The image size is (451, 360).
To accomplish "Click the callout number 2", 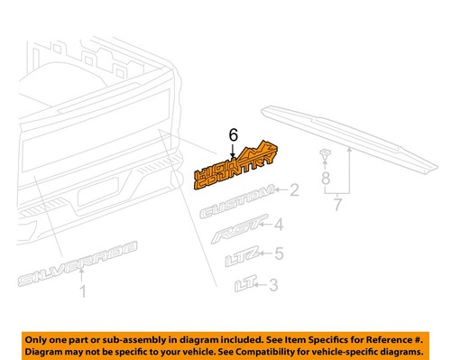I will pyautogui.click(x=294, y=190).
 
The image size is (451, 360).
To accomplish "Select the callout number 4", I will pyautogui.click(x=279, y=225).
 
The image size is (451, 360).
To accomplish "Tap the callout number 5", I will pyautogui.click(x=279, y=254).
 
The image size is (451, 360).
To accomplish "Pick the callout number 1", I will pyautogui.click(x=83, y=291).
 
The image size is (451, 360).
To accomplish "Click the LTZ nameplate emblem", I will pyautogui.click(x=241, y=262).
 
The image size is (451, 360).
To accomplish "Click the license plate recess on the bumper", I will pyautogui.click(x=101, y=198).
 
